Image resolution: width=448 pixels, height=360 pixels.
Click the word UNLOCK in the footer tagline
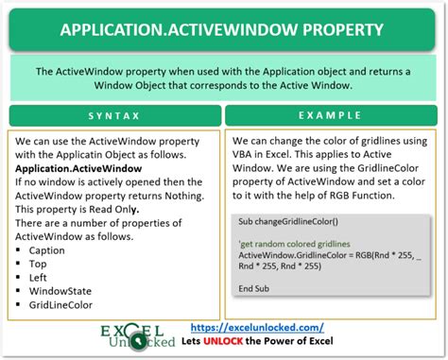pyautogui.click(x=289, y=341)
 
